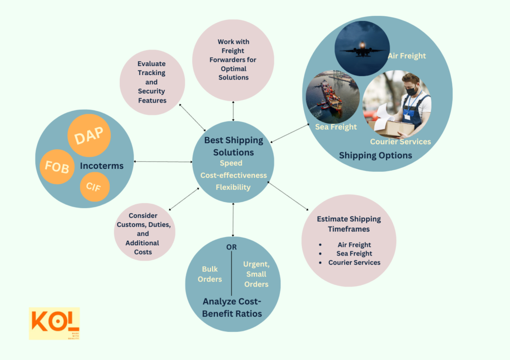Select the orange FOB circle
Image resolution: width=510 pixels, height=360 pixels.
[57, 167]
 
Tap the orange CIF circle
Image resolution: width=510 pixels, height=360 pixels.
[94, 186]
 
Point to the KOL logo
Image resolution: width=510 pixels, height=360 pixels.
[54, 323]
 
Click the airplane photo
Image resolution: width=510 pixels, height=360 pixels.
[362, 48]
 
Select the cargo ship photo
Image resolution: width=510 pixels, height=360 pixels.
[331, 97]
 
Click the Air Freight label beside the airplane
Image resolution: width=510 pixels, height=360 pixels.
[406, 56]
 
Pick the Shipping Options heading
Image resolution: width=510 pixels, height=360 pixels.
[375, 156]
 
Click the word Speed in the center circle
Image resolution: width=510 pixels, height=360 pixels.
[231, 163]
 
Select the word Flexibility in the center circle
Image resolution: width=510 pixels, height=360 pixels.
[233, 187]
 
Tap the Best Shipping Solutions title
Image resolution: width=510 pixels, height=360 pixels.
[234, 146]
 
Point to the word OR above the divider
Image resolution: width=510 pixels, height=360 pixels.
[232, 247]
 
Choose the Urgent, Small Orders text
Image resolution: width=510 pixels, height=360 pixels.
[256, 274]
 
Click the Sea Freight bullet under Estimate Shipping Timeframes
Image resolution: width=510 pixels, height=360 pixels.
[354, 253]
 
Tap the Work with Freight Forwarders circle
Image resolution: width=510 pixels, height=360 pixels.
[233, 60]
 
